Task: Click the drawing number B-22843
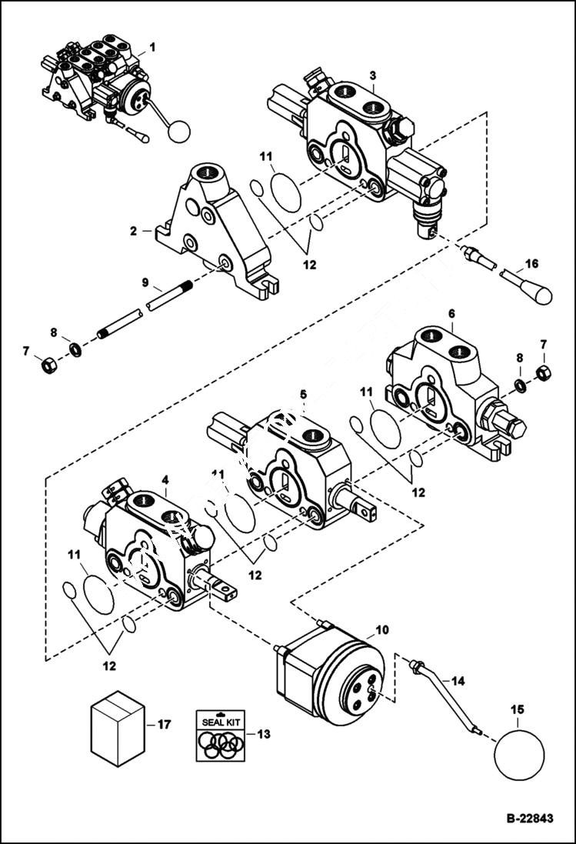click(x=529, y=819)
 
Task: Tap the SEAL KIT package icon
click(x=219, y=736)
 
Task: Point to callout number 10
click(x=382, y=630)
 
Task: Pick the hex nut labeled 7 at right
click(x=542, y=374)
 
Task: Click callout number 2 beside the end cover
click(x=133, y=230)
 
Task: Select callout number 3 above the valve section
click(x=373, y=75)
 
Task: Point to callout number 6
click(x=451, y=314)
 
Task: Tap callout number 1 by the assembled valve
click(x=151, y=47)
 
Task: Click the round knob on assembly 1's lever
click(x=178, y=132)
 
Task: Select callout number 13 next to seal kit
click(x=263, y=735)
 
